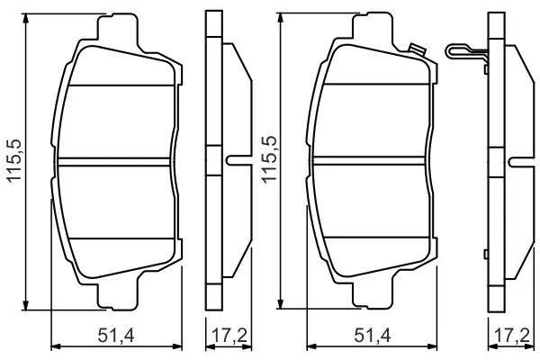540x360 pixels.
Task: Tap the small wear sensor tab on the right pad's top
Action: [x=416, y=51]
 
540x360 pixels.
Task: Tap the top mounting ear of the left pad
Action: [x=118, y=27]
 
